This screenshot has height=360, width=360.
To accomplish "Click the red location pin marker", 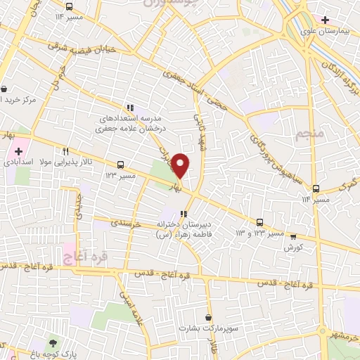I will pyautogui.click(x=181, y=165).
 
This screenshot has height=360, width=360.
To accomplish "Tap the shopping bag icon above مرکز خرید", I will pyautogui.click(x=5, y=89).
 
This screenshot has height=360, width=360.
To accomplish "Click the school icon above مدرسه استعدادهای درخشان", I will pyautogui.click(x=131, y=108).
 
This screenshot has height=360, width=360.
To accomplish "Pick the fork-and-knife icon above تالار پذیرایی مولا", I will pyautogui.click(x=65, y=150).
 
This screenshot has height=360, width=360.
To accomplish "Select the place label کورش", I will pyautogui.click(x=293, y=247).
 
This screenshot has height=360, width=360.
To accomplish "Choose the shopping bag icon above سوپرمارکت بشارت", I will pyautogui.click(x=208, y=317).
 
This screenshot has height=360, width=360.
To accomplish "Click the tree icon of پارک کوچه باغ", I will pyautogui.click(x=53, y=343).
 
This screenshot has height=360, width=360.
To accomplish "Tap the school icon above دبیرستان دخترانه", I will pyautogui.click(x=184, y=214).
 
